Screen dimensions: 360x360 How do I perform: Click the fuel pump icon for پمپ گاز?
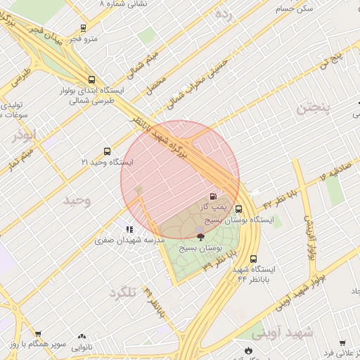(213, 196)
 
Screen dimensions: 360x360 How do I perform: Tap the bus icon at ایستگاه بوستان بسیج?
(239, 209)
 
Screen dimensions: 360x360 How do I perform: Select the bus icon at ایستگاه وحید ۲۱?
(107, 151)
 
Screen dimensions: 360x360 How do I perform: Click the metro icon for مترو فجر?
(84, 29)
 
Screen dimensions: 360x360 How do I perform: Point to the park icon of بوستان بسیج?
(200, 237)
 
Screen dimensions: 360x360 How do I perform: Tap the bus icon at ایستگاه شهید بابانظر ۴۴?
(253, 259)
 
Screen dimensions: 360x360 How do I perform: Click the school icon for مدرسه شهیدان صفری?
(129, 229)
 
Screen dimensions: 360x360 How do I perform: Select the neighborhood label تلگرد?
(122, 292)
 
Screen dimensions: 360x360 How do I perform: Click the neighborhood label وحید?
(77, 200)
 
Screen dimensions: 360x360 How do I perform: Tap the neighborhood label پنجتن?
(312, 108)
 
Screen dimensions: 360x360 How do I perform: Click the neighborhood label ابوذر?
(23, 134)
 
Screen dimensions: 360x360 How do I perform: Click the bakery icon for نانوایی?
(82, 337)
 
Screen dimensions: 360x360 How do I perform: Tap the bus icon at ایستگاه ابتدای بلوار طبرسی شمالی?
(92, 79)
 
